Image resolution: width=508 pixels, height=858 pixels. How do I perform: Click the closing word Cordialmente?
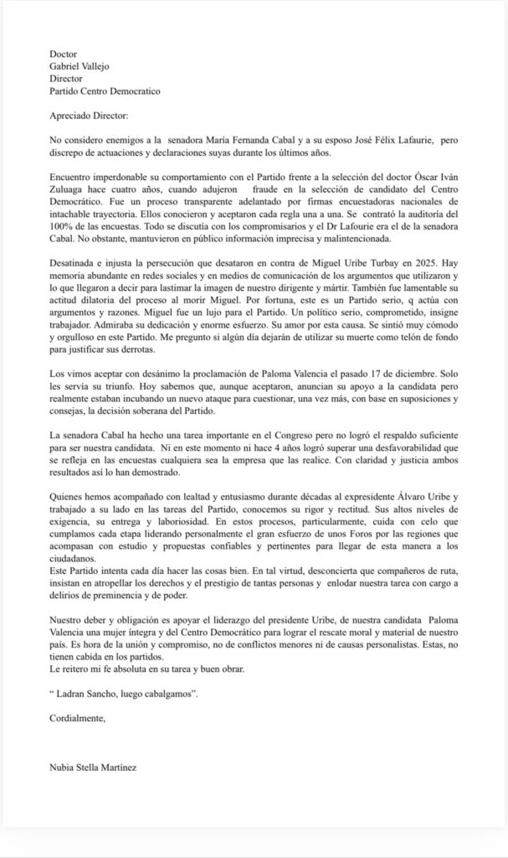click(78, 717)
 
